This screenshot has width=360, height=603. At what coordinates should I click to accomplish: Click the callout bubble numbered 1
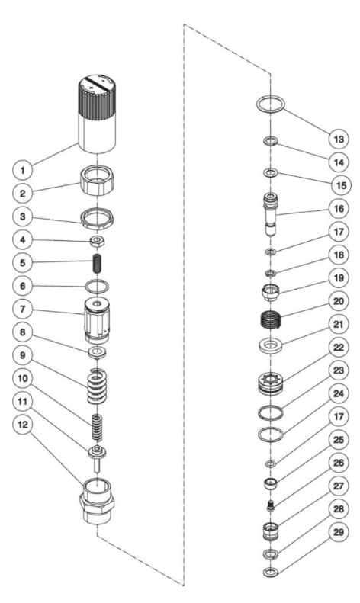coord(23,170)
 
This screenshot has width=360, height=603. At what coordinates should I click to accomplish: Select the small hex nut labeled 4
coord(98,242)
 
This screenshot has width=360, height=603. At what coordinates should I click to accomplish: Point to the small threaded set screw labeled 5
coord(98,264)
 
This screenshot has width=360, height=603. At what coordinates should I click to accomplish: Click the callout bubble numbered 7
coord(23,309)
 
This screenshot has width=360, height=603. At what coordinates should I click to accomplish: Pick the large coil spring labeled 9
coord(98,386)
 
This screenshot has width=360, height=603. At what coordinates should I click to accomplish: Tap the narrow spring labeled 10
coord(98,427)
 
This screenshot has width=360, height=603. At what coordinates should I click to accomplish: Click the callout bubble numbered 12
coord(23,424)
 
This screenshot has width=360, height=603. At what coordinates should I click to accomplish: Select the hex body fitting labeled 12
coord(97,501)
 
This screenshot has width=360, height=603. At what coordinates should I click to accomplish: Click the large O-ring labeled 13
coord(271,104)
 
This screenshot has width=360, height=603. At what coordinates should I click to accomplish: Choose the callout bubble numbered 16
coord(339,208)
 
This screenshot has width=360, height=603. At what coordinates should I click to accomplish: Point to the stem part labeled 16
coord(271,214)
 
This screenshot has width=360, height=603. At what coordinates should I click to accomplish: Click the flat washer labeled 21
coord(271,344)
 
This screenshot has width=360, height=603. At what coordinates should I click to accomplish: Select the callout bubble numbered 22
coord(339,348)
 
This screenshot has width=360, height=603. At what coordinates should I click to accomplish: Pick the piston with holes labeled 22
coord(271,382)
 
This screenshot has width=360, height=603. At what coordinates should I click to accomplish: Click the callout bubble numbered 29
coord(339,532)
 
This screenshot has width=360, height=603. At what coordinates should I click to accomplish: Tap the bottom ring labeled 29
coord(271,573)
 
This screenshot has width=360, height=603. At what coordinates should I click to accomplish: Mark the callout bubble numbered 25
coord(339,440)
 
